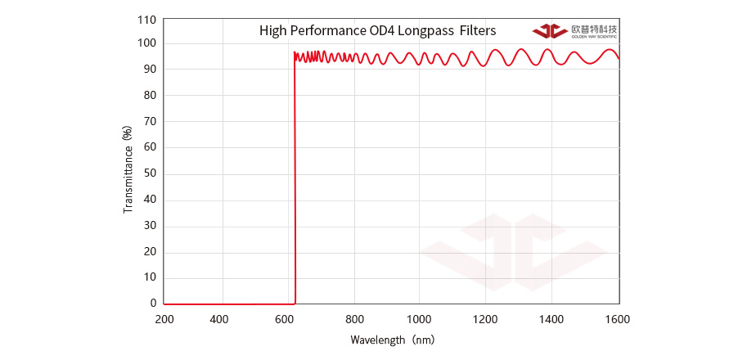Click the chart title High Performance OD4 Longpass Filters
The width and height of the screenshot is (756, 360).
pos(377,31)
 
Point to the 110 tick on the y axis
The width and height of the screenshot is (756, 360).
pos(146,18)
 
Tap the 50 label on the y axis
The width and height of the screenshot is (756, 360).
pos(150,173)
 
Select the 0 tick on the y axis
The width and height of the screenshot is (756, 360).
pos(153,304)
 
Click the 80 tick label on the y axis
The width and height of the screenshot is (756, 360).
pos(150,96)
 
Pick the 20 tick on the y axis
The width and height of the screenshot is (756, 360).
pos(150,251)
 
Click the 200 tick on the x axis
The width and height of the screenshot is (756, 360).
pos(164,319)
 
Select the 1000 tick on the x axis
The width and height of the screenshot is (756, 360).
pos(419,319)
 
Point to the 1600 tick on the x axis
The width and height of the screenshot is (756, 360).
pos(618,319)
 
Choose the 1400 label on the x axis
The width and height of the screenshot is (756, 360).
pos(551,319)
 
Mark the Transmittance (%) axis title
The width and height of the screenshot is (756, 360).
pos(128,169)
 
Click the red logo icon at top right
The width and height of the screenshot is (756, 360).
pos(550,31)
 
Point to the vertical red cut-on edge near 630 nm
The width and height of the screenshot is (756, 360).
pos(295,180)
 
